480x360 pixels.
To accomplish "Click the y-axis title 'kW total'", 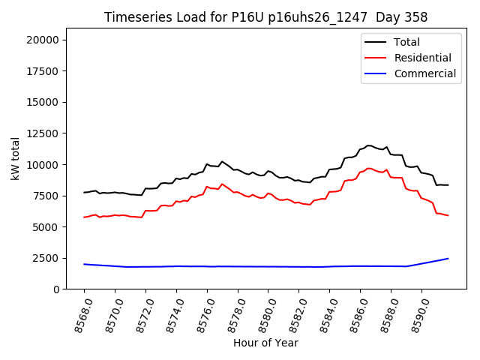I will [15, 158].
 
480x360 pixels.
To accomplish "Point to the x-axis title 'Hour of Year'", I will [265, 343].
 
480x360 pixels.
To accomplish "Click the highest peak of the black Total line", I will [368, 145].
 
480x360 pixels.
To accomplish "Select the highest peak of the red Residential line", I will [368, 168].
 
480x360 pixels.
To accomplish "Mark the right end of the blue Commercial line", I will [448, 259].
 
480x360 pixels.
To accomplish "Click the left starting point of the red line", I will [84, 217].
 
